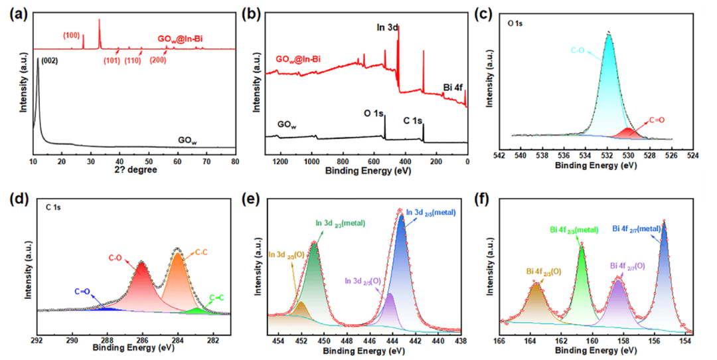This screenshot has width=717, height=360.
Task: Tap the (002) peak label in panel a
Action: point(50,61)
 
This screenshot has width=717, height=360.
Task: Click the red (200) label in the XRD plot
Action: point(158,60)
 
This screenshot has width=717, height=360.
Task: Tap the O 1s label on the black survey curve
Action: point(375,114)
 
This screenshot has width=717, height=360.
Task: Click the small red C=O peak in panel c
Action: point(627,134)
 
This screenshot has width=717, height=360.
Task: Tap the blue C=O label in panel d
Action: point(83,291)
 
